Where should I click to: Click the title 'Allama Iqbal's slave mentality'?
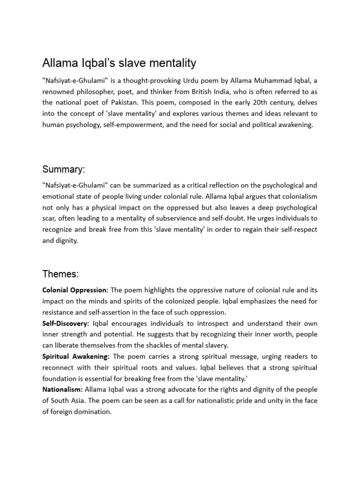[119, 63]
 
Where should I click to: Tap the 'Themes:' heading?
[61, 273]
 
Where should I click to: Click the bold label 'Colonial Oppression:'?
[75, 290]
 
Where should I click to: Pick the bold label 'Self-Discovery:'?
[66, 323]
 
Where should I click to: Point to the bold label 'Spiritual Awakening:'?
[76, 357]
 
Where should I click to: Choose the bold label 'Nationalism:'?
[62, 390]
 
